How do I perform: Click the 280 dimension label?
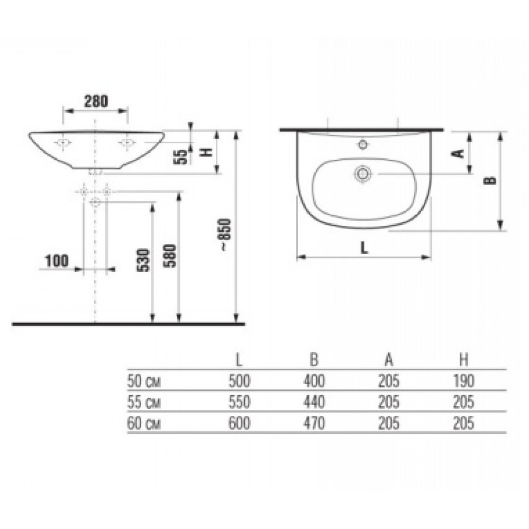[96, 101]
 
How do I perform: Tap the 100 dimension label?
[57, 261]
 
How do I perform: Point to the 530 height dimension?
[143, 260]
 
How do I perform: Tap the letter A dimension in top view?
[458, 153]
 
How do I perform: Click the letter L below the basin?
[364, 249]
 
